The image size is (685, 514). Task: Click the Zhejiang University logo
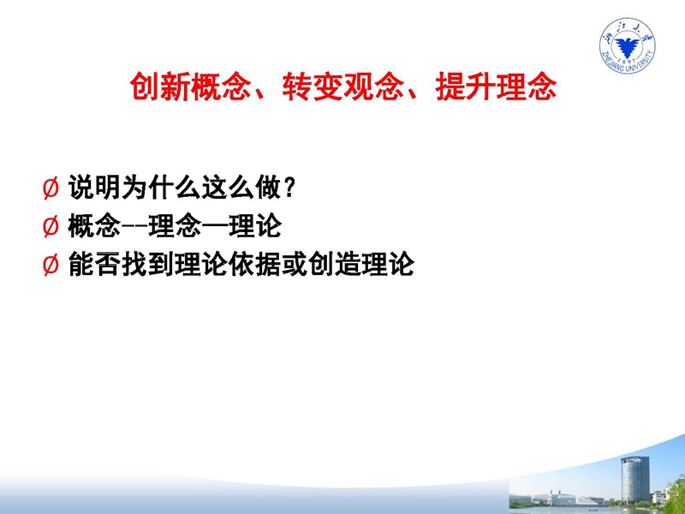coord(628,45)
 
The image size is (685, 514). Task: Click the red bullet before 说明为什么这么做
coord(51,188)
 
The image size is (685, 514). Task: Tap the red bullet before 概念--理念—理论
coord(51,227)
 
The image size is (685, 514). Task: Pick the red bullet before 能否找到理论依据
coord(51,265)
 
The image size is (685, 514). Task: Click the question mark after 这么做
coord(289,188)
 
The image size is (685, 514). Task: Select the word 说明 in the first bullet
coord(94,188)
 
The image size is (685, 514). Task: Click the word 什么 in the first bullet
coord(175,188)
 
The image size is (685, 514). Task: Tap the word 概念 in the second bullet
coord(94,226)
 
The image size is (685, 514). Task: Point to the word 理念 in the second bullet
coord(175,226)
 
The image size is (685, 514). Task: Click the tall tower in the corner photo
coord(634,480)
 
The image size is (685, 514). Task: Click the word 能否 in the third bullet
coord(94,265)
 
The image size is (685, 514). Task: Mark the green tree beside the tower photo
coord(676,494)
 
